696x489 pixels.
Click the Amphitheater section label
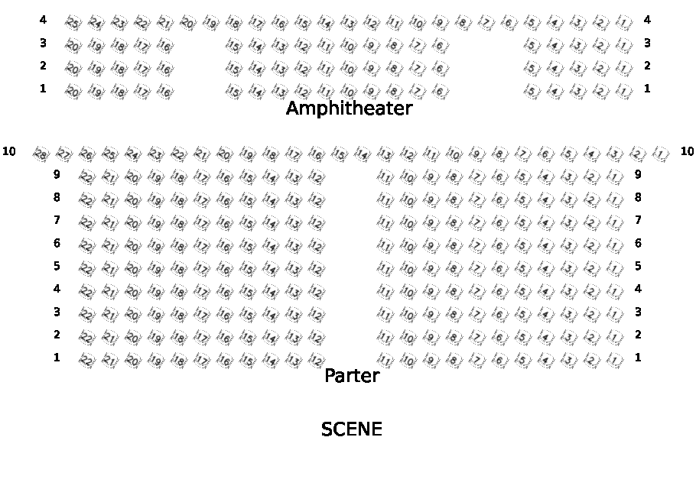[x=349, y=108]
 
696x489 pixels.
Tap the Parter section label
[x=352, y=376]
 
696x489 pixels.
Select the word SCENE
[x=351, y=429]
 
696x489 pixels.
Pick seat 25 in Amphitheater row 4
[x=73, y=23]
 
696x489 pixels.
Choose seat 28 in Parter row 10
[x=41, y=154]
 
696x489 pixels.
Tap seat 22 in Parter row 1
[x=86, y=361]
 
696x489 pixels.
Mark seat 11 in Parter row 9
[x=385, y=177]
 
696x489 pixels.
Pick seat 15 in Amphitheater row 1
[x=234, y=92]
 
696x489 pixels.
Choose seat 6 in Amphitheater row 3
[x=440, y=46]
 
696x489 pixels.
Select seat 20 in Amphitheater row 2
[x=73, y=69]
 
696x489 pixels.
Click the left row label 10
[x=9, y=151]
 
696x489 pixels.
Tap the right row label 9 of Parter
[x=638, y=174]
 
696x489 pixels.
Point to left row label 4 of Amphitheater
[x=43, y=20]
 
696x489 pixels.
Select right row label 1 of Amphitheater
[x=647, y=89]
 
